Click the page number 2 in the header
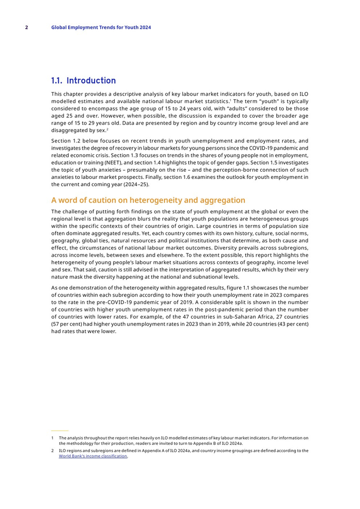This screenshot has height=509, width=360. click(x=26, y=27)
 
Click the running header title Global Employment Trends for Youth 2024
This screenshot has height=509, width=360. click(x=101, y=27)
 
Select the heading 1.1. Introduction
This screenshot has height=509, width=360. click(x=83, y=81)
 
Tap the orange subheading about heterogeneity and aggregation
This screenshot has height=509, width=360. click(x=148, y=200)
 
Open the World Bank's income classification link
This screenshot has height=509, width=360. click(x=93, y=456)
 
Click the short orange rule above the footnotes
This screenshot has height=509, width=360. click(x=60, y=430)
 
